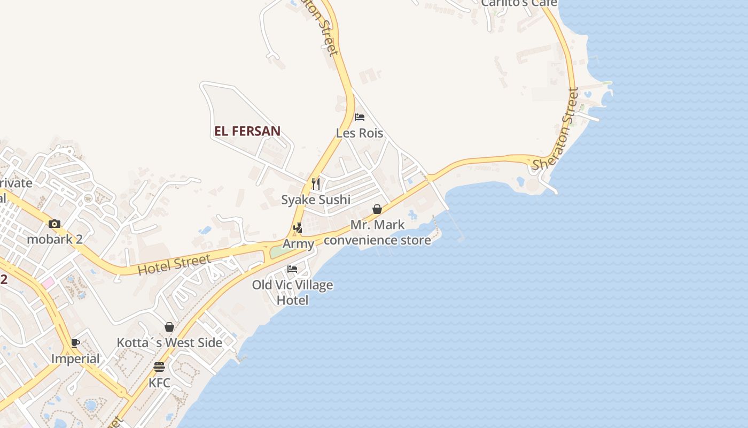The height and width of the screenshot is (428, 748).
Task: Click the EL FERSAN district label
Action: (247, 131)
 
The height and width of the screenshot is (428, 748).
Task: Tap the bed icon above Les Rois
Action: (360, 117)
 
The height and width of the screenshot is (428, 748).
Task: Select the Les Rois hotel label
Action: (360, 133)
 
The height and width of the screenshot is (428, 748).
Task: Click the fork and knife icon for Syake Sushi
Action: (316, 184)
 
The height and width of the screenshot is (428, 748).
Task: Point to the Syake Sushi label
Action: (316, 200)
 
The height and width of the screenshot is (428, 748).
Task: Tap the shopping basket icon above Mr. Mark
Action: (377, 209)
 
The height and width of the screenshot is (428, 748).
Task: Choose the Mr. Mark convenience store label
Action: (377, 232)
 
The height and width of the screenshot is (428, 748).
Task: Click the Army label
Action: (298, 244)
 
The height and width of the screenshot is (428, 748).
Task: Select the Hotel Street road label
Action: (174, 265)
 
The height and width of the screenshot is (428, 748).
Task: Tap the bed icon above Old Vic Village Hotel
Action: (292, 269)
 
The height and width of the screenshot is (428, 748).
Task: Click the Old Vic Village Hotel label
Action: (292, 292)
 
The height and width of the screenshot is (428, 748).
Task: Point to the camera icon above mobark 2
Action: (54, 224)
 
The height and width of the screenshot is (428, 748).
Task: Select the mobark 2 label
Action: (54, 239)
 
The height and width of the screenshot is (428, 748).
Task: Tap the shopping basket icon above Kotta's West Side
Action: (169, 327)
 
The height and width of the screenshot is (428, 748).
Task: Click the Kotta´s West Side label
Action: (169, 342)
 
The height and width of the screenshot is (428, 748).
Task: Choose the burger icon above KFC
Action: (159, 367)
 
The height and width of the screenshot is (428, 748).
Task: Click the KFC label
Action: (159, 383)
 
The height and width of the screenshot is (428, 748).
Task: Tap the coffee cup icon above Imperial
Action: (75, 343)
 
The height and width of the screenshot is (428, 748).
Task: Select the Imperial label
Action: (75, 358)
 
